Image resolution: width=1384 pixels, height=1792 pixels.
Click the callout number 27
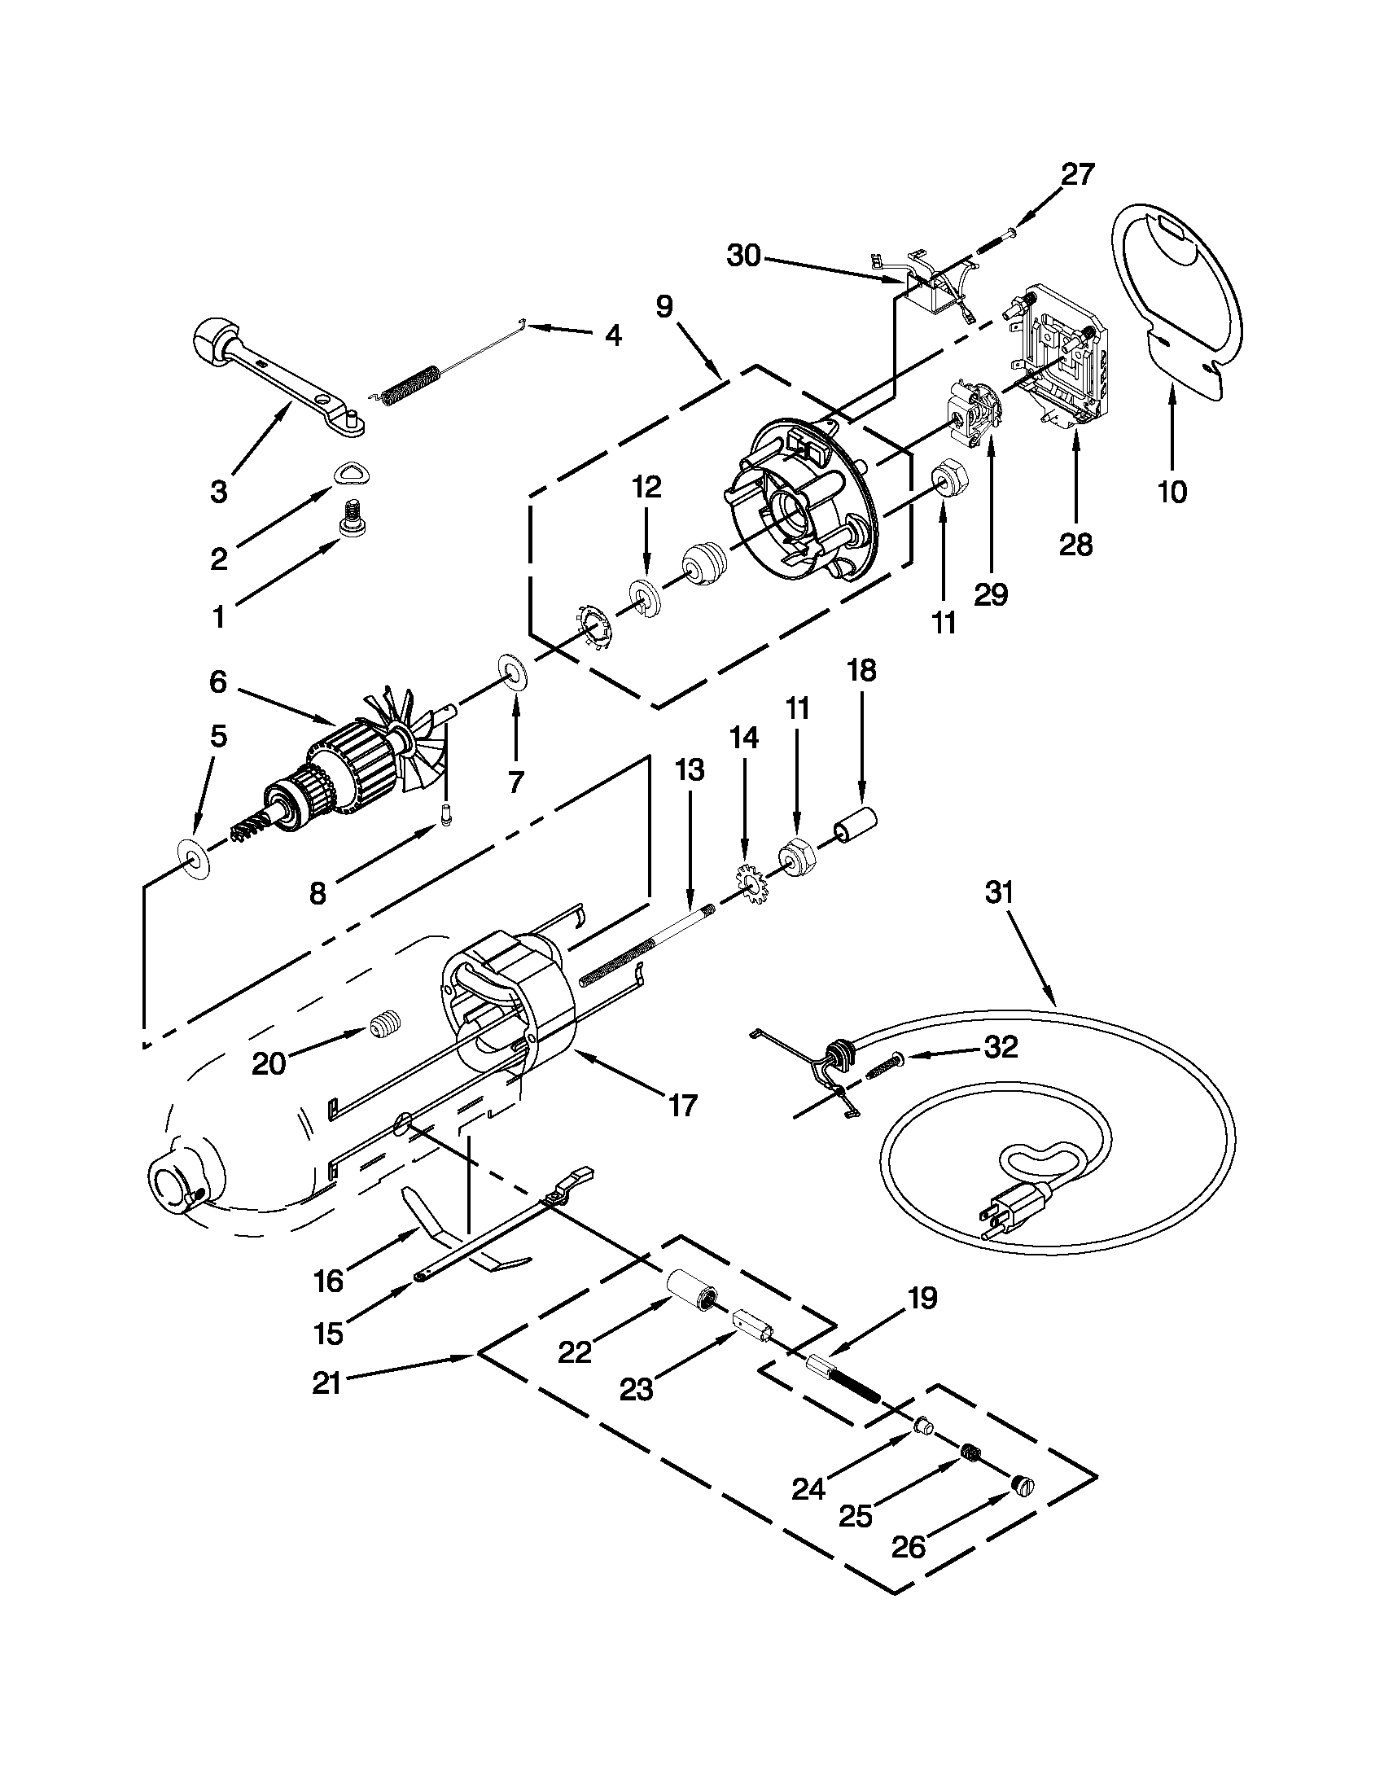click(x=1077, y=175)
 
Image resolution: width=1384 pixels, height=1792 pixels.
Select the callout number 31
click(x=999, y=892)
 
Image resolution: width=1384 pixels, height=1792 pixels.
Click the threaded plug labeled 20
click(x=381, y=1026)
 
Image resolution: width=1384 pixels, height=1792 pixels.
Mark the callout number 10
click(x=1172, y=492)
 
